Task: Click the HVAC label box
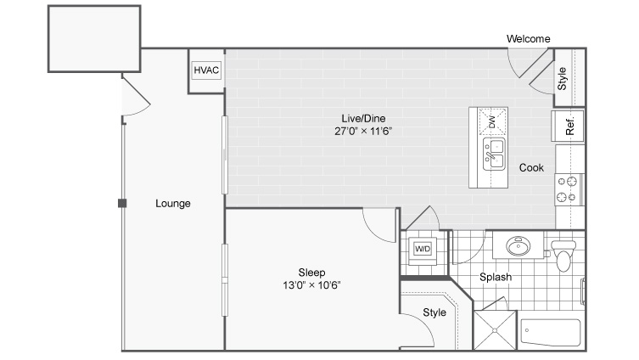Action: [206, 70]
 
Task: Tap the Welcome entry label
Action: [528, 39]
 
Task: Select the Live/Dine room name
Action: [363, 119]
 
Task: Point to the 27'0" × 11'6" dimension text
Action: [363, 132]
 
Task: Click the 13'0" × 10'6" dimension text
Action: [311, 285]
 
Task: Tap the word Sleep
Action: [311, 273]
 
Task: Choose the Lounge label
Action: [173, 204]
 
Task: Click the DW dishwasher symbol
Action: [493, 121]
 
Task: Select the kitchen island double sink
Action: [494, 155]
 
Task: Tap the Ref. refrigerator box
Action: [568, 126]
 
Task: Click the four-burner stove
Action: [569, 189]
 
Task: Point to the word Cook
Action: [531, 167]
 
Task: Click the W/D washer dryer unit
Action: [423, 249]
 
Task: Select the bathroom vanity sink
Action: [518, 246]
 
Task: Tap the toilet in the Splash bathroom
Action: [563, 256]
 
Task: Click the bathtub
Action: [551, 332]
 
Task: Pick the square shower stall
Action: [495, 330]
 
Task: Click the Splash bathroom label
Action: [496, 278]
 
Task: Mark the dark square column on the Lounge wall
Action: [122, 203]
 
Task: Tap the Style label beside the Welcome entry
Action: [562, 79]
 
